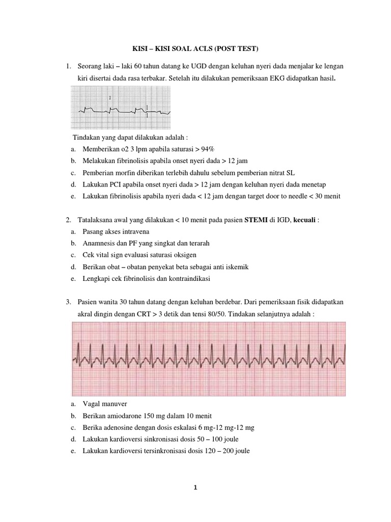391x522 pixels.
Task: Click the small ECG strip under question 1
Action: (121, 108)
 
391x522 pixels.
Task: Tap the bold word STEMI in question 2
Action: (258, 220)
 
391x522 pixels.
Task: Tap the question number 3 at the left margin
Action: (68, 302)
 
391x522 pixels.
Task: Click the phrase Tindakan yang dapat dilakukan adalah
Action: (130, 138)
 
